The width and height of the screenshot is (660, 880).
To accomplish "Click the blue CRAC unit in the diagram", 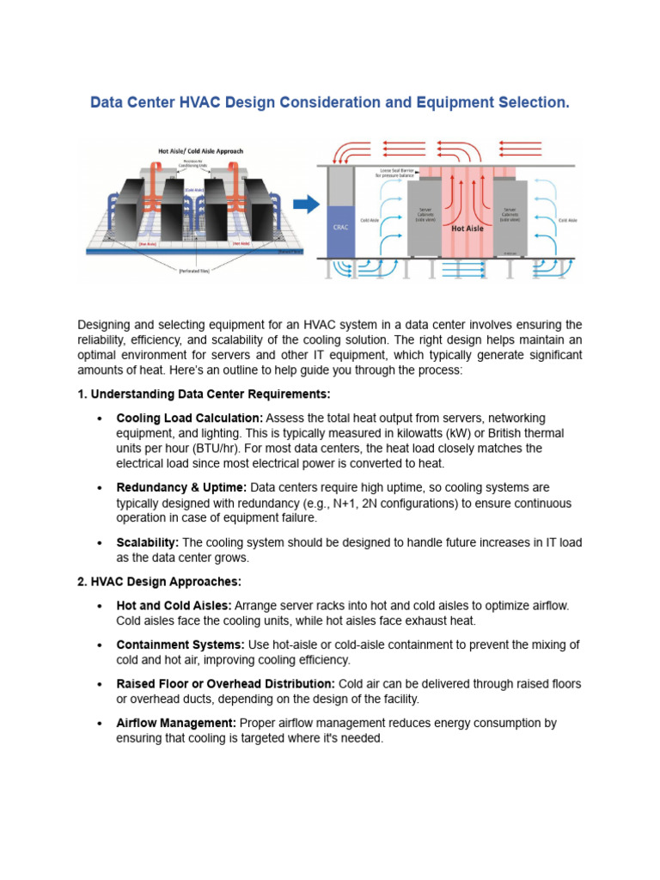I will tap(340, 228).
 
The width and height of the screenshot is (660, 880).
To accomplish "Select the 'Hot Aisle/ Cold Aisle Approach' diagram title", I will tap(200, 151).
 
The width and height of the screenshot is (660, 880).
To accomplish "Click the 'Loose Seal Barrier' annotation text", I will tap(396, 172).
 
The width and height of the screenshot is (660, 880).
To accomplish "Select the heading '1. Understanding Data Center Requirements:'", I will tap(204, 394).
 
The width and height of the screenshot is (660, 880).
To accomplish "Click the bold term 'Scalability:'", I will tap(147, 543).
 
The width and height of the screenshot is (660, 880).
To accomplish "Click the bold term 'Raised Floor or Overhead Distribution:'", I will tap(225, 684).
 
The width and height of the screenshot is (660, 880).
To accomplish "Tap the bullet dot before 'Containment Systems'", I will tap(101, 645).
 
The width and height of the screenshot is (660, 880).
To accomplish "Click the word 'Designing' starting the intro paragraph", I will tap(107, 325).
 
